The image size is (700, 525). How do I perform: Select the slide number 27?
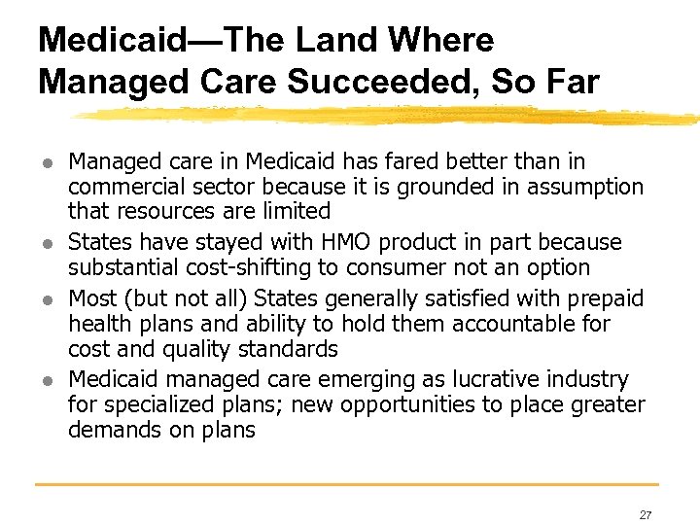(x=646, y=514)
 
